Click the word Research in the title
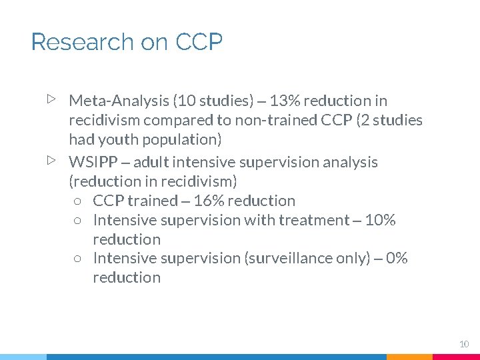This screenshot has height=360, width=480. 82,42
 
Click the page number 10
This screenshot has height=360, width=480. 464,344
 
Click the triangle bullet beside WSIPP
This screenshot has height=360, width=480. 51,161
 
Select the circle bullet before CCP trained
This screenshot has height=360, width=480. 78,201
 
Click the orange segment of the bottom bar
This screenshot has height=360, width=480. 409,357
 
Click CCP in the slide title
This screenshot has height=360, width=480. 199,42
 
